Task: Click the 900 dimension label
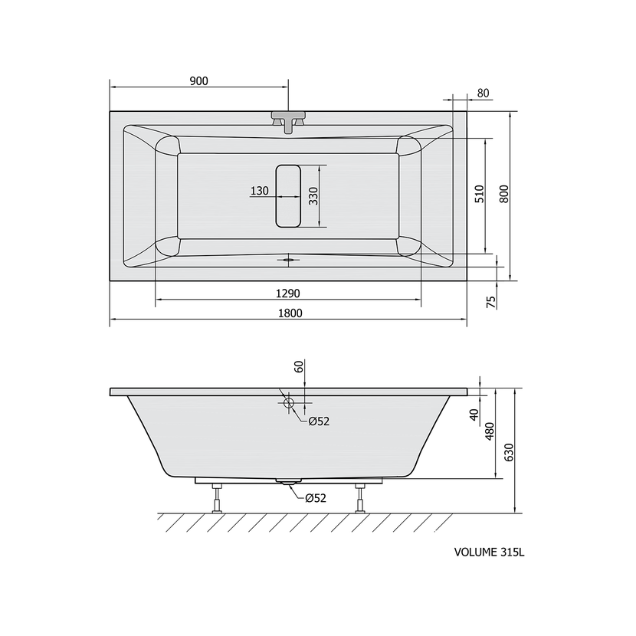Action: [x=198, y=81]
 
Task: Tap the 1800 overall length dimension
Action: [x=290, y=313]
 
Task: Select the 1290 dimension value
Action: [x=287, y=293]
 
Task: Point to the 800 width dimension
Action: [x=503, y=194]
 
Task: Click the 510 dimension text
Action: [x=480, y=194]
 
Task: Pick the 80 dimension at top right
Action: [x=483, y=93]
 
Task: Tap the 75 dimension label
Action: [x=490, y=302]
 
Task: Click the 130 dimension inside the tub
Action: [x=260, y=190]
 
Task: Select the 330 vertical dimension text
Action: [x=313, y=196]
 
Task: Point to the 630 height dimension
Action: [x=509, y=452]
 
